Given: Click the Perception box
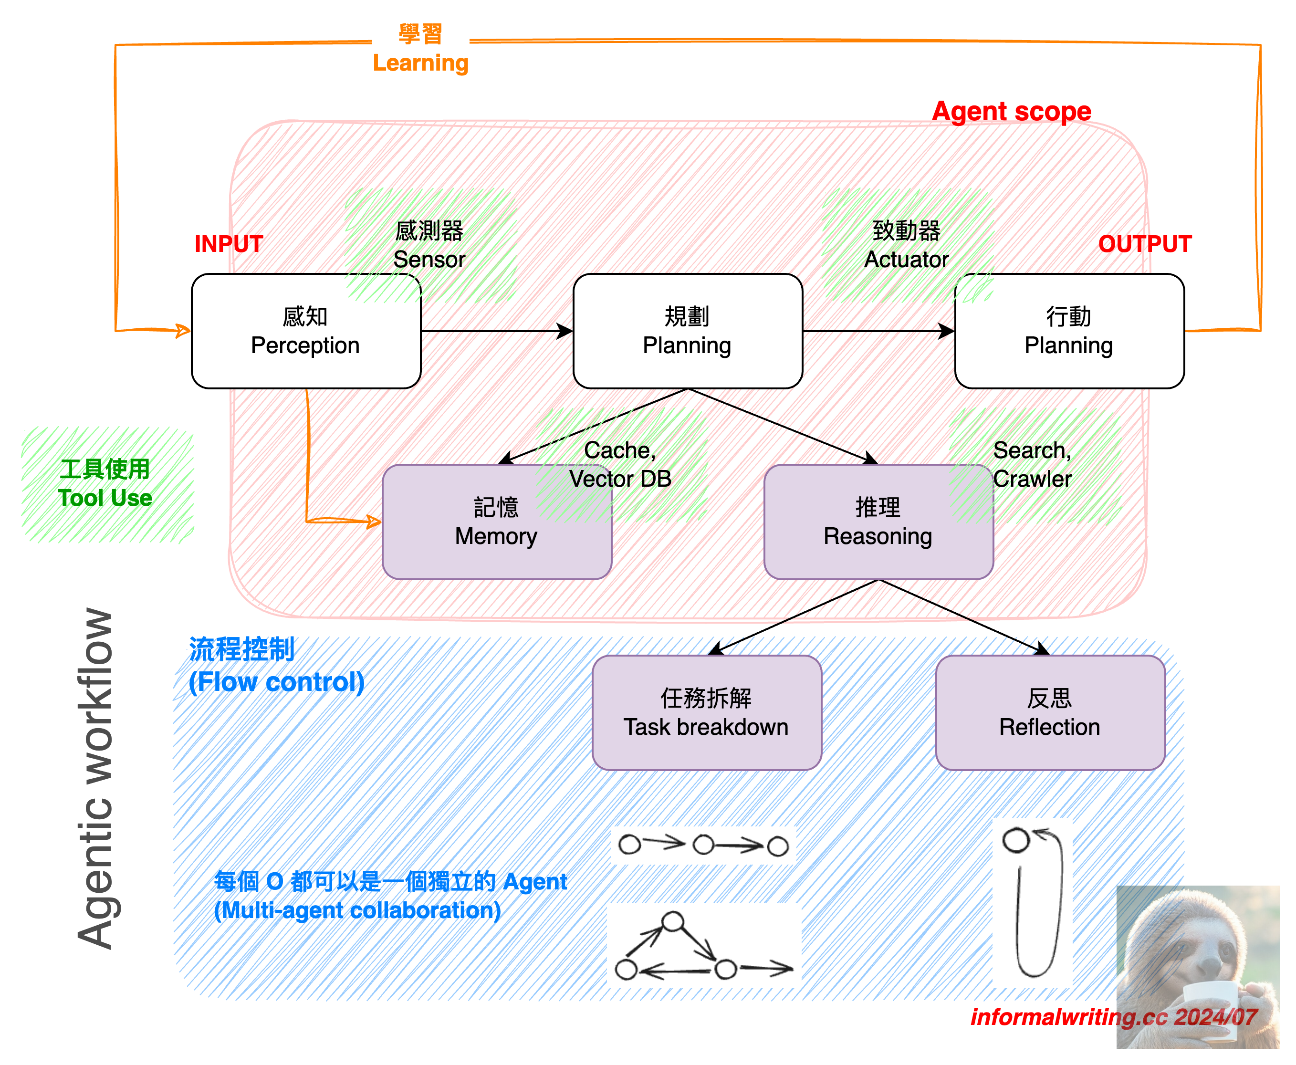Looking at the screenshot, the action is [x=306, y=331].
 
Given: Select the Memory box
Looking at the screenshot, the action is [x=497, y=522].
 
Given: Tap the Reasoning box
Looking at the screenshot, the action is [x=878, y=522].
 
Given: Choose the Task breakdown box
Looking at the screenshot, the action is [x=707, y=713].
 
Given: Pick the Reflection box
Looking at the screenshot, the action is [x=1050, y=713].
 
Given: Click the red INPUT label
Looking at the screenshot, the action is [x=229, y=244].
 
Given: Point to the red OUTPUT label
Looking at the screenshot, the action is [x=1145, y=244].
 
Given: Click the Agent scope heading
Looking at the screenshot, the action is [x=1012, y=112].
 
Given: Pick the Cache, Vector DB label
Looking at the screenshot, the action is [x=620, y=464].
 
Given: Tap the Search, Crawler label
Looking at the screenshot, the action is [x=1032, y=464].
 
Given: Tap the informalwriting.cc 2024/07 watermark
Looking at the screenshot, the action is [x=1114, y=1017].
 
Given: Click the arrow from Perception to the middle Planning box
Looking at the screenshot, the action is [x=497, y=331].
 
